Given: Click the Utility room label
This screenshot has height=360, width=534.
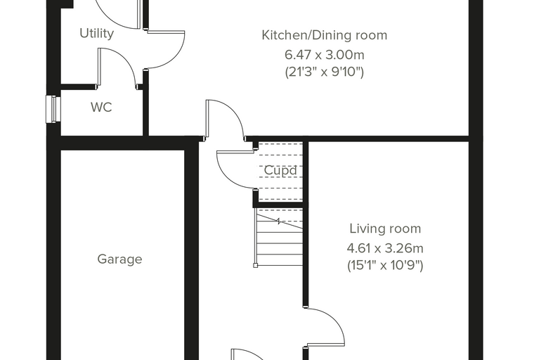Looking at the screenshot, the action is [x=97, y=34].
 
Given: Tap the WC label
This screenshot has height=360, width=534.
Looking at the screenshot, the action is [x=101, y=107].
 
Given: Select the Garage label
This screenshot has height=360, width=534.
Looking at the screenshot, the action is [x=120, y=259].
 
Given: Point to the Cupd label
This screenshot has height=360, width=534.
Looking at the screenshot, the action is [x=280, y=170].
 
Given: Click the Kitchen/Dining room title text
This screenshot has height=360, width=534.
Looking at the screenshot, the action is [x=324, y=35].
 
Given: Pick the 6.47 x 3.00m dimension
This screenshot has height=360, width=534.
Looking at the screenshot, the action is [x=324, y=55].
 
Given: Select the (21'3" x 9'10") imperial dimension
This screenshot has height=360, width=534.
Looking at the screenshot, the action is [x=324, y=72].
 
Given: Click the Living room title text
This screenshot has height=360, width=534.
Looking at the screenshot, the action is [x=385, y=229].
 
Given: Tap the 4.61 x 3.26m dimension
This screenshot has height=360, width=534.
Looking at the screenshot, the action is [x=385, y=248].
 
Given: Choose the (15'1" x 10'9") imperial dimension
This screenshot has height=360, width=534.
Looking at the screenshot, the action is [x=385, y=265].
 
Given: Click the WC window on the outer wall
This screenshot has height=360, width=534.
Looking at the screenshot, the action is [x=53, y=109].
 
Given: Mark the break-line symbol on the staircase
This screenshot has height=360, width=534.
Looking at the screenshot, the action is [x=279, y=221].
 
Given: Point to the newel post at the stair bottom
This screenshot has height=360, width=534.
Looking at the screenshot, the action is [x=256, y=265].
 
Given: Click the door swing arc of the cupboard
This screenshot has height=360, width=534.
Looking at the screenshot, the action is [x=226, y=177].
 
